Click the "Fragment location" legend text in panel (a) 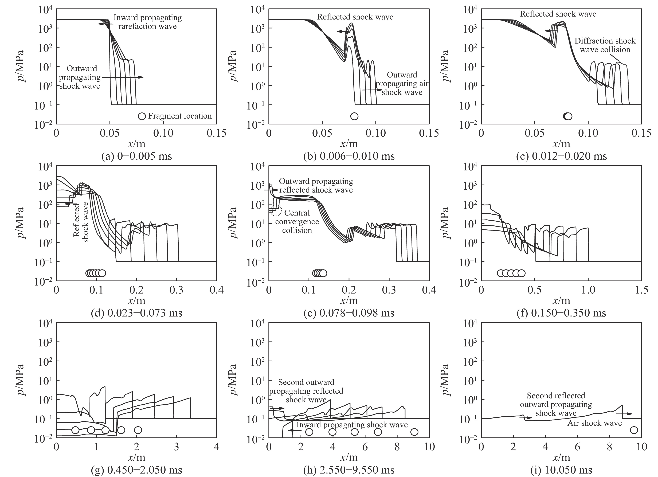pyautogui.click(x=180, y=116)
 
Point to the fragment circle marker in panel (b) pyautogui.click(x=354, y=116)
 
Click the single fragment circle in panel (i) pyautogui.click(x=634, y=430)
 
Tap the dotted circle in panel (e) pyautogui.click(x=276, y=211)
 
